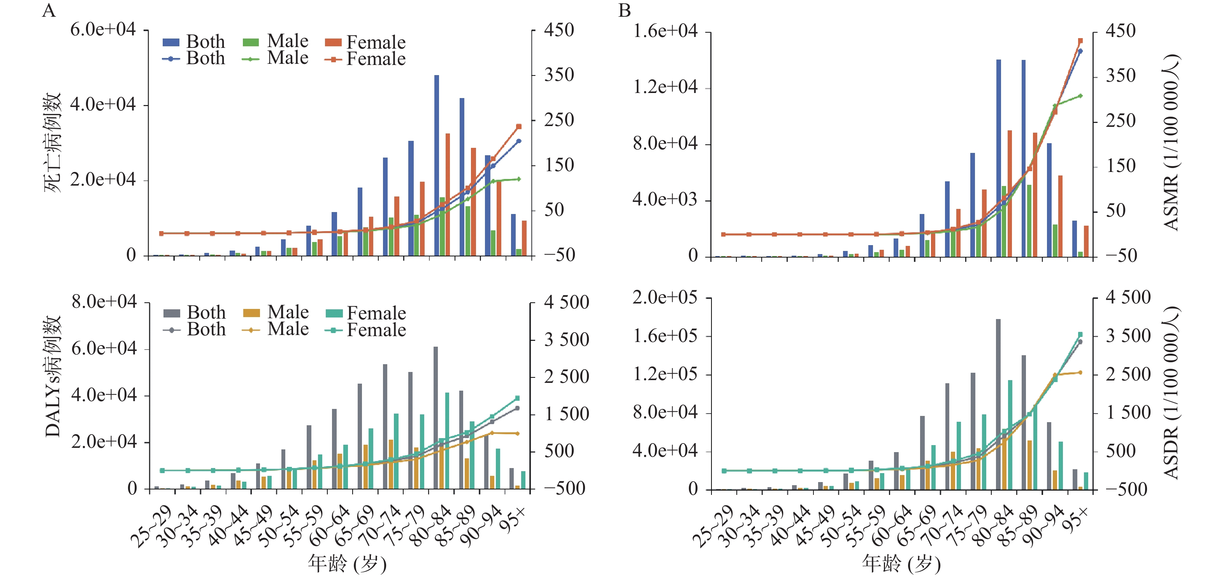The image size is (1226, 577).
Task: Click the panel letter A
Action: tap(49, 11)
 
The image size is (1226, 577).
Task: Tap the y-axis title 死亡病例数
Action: tap(53, 143)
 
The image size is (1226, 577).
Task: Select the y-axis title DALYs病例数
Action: tap(53, 376)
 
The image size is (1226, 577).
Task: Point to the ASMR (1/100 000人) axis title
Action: tap(1171, 143)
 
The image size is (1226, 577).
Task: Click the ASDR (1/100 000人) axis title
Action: tap(1171, 393)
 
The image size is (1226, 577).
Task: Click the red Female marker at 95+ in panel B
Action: tap(1080, 41)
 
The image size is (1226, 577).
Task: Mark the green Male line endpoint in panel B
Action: tap(1080, 96)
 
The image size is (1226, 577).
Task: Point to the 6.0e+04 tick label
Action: tap(103, 30)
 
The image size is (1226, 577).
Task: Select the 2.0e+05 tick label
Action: tap(665, 298)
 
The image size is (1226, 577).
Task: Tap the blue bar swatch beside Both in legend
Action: tap(171, 42)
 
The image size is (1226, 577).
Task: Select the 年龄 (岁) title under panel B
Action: tap(901, 564)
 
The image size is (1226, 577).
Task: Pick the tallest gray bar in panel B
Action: tap(998, 404)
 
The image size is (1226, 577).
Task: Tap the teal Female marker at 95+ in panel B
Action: tap(1080, 334)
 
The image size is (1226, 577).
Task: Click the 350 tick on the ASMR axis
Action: tap(1121, 75)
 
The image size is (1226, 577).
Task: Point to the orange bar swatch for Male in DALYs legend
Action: tap(251, 313)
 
